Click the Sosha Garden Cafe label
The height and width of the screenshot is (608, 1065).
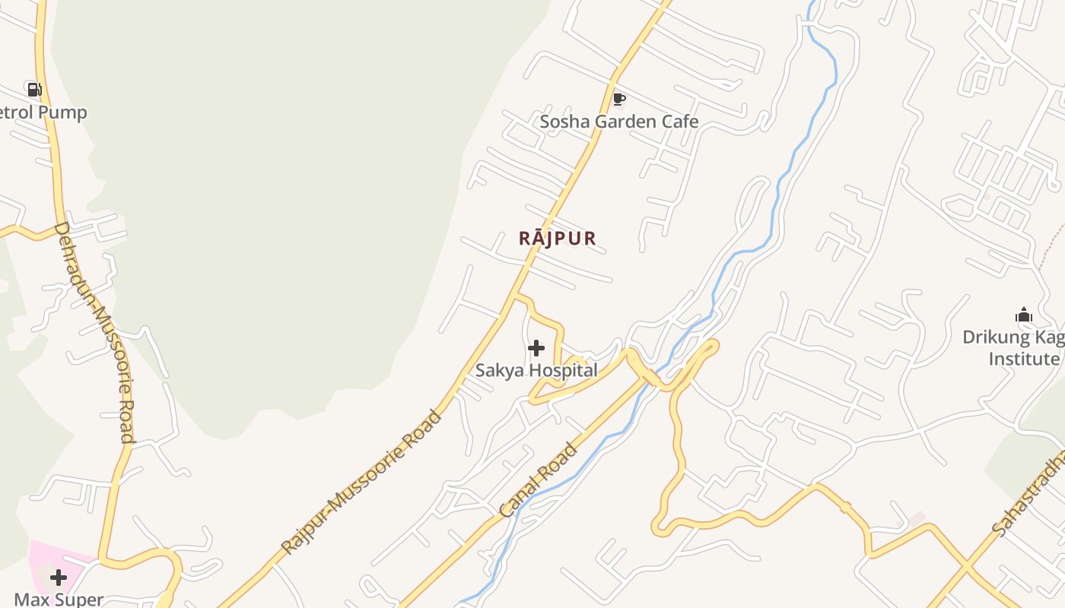point(618,122)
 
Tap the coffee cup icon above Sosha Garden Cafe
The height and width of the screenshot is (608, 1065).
point(618,99)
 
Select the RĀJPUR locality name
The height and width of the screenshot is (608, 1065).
point(558,238)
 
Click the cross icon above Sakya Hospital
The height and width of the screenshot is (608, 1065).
point(536,348)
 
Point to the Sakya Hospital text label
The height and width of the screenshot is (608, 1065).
point(536,371)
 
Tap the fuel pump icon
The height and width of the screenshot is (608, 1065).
point(34,90)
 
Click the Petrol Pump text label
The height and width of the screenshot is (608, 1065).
point(43,112)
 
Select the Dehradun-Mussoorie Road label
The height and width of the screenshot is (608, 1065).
point(96,332)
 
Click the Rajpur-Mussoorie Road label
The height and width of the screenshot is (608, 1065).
point(361,483)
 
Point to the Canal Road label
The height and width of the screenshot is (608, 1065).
point(539,480)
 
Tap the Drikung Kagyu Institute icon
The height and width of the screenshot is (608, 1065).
point(1024,315)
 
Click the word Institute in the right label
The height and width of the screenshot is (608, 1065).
point(1024,359)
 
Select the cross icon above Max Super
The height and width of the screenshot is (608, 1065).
point(58,578)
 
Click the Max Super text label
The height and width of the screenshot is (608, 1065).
point(59,599)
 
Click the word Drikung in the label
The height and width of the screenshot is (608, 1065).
point(993,337)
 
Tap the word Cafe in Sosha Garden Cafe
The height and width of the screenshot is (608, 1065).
point(680,122)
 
